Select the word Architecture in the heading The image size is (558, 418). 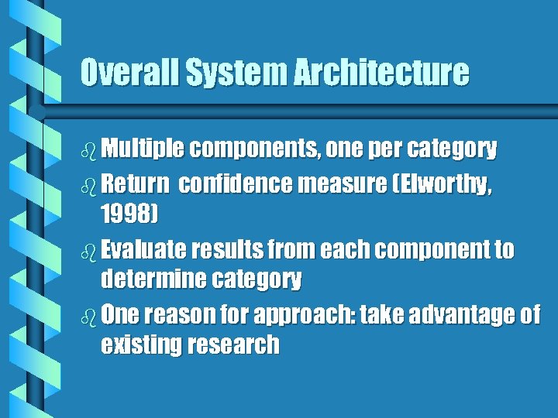click(x=381, y=73)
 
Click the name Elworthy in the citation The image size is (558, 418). click(x=448, y=185)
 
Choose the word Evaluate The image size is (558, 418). click(x=144, y=250)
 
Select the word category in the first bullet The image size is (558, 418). click(x=453, y=149)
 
